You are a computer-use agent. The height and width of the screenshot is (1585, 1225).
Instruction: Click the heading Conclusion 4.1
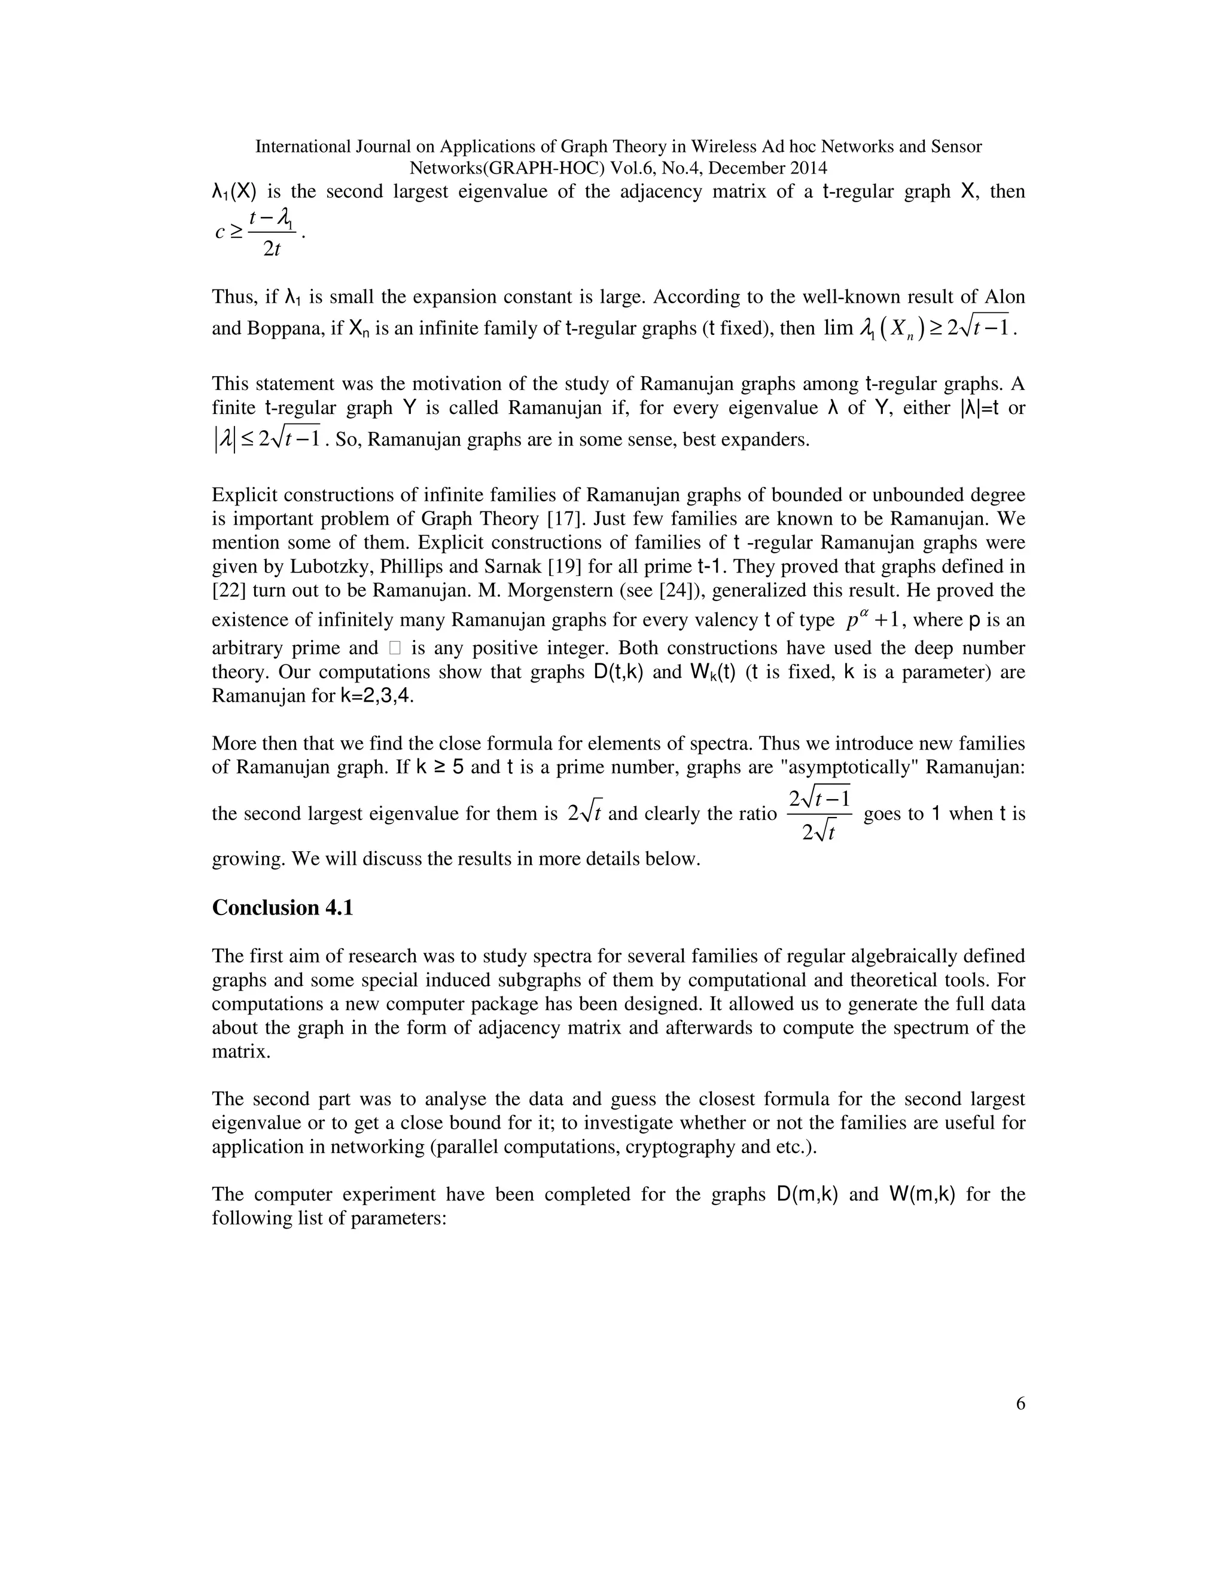(282, 908)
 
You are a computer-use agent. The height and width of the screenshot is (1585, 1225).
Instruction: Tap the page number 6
(1020, 1425)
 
